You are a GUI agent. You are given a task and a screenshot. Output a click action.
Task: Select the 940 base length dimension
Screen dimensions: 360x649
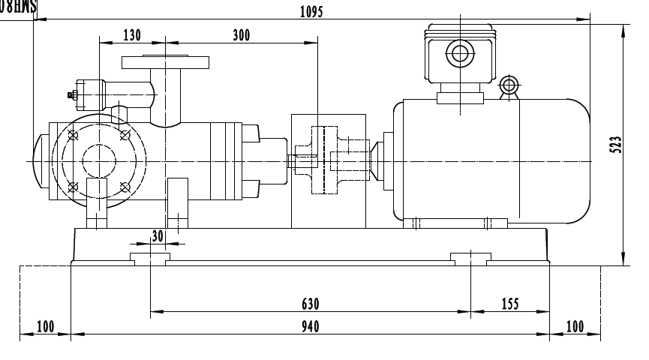pyautogui.click(x=311, y=326)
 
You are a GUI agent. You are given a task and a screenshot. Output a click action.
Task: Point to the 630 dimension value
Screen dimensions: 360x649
pyautogui.click(x=311, y=303)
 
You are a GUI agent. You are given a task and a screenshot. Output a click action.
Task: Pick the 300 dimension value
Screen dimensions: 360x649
pyautogui.click(x=242, y=35)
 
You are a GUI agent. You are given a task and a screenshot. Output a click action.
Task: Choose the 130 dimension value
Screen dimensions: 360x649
pyautogui.click(x=131, y=35)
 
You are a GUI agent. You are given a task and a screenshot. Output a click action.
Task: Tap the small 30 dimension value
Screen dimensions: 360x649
pyautogui.click(x=157, y=235)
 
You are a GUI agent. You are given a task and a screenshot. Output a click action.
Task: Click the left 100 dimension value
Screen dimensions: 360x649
pyautogui.click(x=45, y=326)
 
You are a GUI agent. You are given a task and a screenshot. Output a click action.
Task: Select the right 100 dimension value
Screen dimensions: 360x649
pyautogui.click(x=575, y=326)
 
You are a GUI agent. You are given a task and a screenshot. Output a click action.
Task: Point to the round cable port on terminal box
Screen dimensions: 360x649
pyautogui.click(x=458, y=53)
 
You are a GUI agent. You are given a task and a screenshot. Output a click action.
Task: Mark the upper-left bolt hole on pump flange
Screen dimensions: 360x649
pyautogui.click(x=72, y=136)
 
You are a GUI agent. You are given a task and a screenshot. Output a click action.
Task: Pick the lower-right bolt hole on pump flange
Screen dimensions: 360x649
pyautogui.click(x=124, y=186)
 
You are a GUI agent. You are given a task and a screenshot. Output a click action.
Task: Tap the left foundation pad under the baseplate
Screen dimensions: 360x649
pyautogui.click(x=149, y=259)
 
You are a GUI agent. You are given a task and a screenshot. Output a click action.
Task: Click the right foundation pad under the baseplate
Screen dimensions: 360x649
pyautogui.click(x=469, y=259)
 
